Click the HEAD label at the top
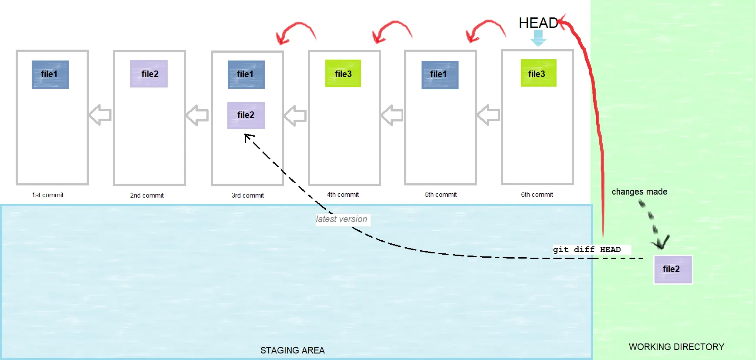click(538, 23)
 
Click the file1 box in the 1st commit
click(50, 74)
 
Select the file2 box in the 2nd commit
click(149, 74)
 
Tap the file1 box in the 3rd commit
click(246, 74)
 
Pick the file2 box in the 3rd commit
click(246, 115)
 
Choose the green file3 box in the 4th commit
click(343, 74)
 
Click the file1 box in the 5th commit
click(440, 75)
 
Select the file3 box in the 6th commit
click(538, 73)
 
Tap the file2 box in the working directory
click(673, 269)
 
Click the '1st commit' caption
click(47, 195)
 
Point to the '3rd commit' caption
click(247, 195)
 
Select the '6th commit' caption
click(537, 195)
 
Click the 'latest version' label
click(342, 219)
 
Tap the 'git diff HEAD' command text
click(587, 249)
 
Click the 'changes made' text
click(639, 192)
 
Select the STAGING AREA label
click(292, 350)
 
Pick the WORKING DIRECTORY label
click(676, 347)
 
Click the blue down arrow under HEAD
click(538, 38)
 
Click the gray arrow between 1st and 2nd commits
click(100, 115)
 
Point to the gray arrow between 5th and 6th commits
click(489, 115)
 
